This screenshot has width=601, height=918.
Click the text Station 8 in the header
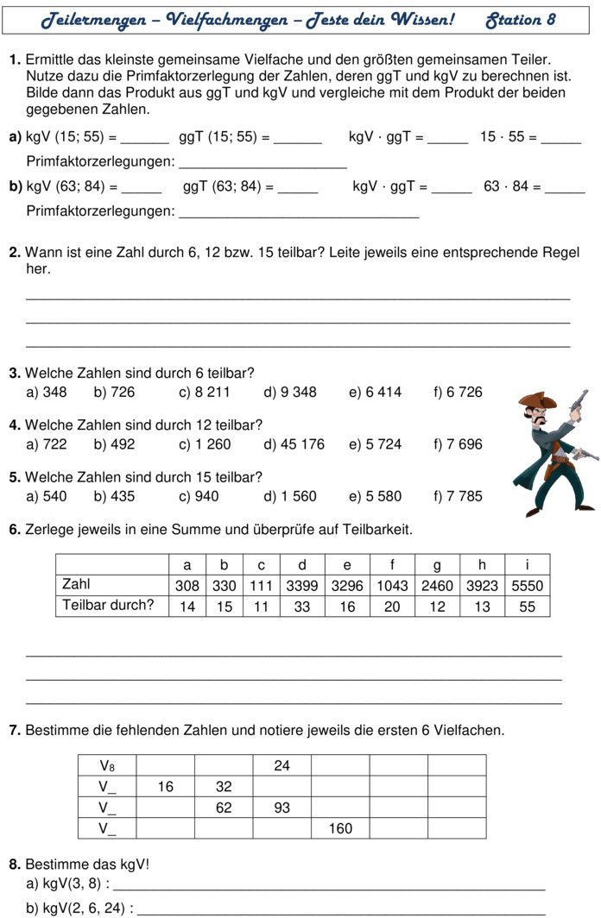(521, 19)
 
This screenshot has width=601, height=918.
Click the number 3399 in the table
(301, 586)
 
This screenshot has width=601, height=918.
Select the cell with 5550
(527, 586)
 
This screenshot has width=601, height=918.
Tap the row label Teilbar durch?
(108, 605)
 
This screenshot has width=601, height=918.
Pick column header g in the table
(437, 565)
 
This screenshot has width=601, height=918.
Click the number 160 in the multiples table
(340, 828)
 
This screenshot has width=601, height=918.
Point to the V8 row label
(107, 765)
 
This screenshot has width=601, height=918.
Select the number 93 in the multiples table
(282, 808)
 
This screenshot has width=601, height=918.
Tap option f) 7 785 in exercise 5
(458, 496)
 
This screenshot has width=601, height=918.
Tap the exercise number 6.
(14, 529)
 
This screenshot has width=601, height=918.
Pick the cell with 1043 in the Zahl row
(392, 586)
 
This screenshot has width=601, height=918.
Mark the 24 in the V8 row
(282, 765)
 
